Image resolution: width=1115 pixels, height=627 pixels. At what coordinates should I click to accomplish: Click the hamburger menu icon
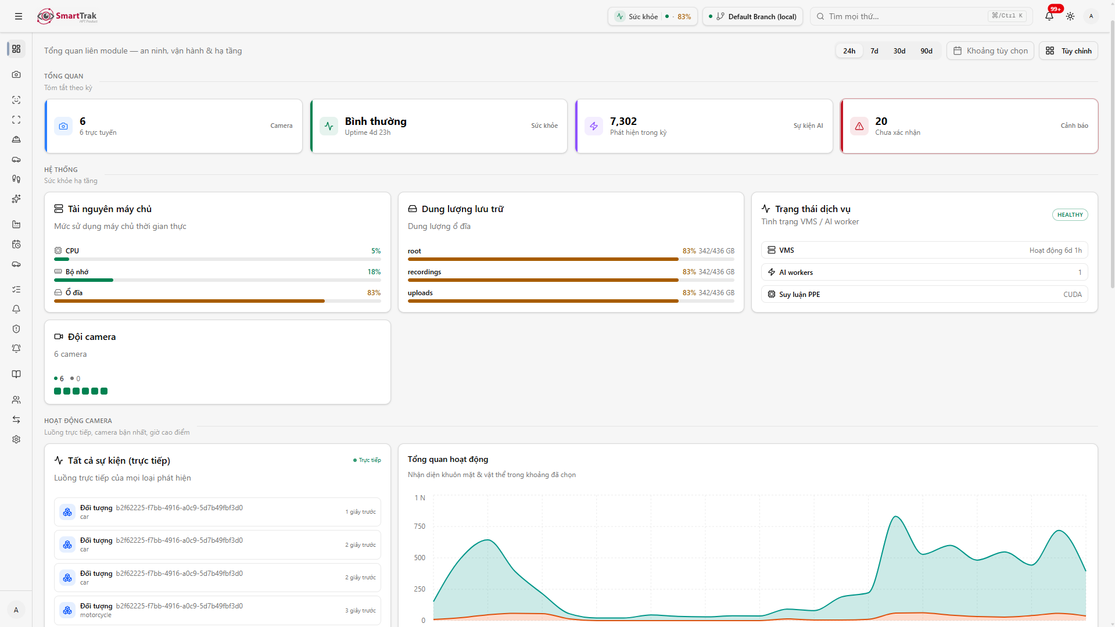tap(19, 16)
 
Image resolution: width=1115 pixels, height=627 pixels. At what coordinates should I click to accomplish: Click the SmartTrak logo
tap(67, 16)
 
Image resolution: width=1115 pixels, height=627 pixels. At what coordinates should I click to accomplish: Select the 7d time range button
tap(874, 51)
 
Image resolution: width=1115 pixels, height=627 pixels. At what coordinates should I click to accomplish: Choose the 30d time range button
tap(899, 51)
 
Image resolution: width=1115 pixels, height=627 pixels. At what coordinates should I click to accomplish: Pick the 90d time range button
tap(926, 51)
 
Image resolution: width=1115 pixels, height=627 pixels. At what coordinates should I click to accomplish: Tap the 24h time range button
tap(849, 51)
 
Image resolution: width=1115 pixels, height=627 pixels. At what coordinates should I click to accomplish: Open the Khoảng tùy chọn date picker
tap(990, 51)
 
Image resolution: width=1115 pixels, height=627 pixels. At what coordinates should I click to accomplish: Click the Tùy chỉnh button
tap(1068, 51)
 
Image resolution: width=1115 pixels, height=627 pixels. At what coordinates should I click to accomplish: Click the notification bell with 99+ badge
tap(1049, 16)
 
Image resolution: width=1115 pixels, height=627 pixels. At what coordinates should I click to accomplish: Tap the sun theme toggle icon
tap(1070, 16)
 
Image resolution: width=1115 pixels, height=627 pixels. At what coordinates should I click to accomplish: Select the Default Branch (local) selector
tap(752, 16)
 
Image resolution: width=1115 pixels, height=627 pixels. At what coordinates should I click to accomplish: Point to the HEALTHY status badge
tap(1070, 215)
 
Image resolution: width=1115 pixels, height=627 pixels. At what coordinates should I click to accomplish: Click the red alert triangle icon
tap(859, 126)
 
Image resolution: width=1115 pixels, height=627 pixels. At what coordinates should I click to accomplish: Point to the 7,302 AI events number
tap(623, 121)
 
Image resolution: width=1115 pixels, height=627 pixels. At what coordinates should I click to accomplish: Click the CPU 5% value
tap(376, 251)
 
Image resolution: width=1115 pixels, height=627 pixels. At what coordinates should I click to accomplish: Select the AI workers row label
tap(795, 273)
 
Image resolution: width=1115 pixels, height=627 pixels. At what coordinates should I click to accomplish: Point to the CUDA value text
tap(1072, 295)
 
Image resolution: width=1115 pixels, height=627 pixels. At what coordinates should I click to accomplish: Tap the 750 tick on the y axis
tap(419, 526)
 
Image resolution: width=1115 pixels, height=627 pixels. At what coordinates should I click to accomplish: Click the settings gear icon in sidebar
tap(16, 439)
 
